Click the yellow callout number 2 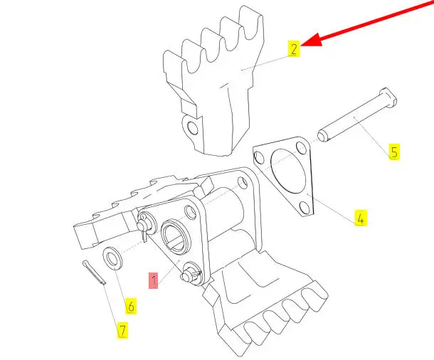coord(293,48)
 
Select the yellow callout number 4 coord(360,218)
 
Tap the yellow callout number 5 coord(393,152)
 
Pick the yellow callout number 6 coord(131,307)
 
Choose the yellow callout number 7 coord(122,330)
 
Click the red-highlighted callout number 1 coord(153,280)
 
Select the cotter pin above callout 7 coord(94,272)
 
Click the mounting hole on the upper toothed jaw coord(190,129)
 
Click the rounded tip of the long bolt coord(322,134)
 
